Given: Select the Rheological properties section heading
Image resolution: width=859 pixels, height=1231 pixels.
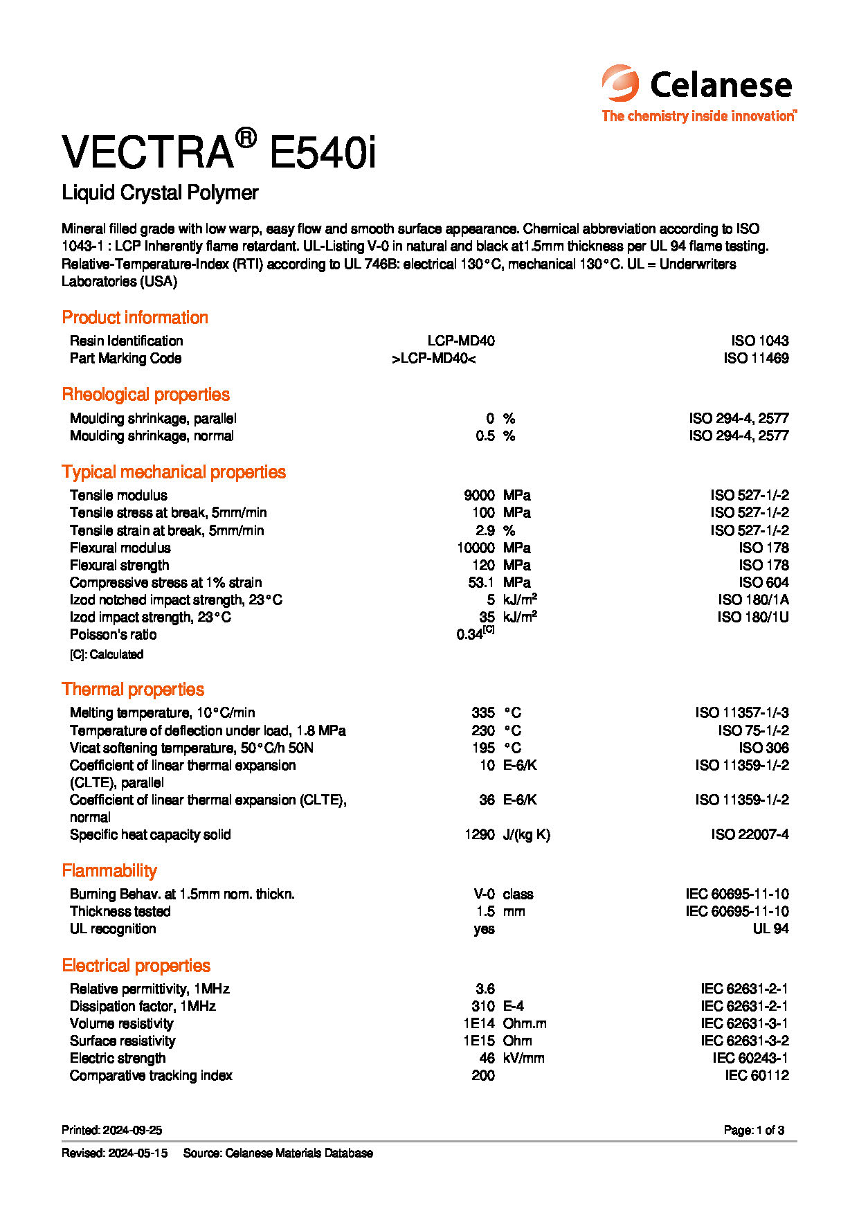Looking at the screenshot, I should (x=145, y=395).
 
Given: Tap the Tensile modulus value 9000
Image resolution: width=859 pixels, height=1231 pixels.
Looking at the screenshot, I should (x=479, y=495).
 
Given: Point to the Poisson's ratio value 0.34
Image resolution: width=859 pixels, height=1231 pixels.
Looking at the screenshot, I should (x=471, y=634).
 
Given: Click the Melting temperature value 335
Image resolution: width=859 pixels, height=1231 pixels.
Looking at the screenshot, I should (x=482, y=712).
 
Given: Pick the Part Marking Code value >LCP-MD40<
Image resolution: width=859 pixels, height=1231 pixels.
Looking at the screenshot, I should (x=433, y=358).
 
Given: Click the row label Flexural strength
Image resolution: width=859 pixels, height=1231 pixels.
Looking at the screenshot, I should (x=119, y=565).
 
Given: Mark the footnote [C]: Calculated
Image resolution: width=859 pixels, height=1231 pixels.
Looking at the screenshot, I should (x=107, y=654).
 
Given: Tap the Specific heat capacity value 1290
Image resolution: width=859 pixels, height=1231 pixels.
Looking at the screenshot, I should (x=479, y=834).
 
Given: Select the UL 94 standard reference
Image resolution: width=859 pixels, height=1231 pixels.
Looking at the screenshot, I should (x=770, y=928).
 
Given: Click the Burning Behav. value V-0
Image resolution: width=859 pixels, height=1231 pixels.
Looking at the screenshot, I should (x=484, y=894).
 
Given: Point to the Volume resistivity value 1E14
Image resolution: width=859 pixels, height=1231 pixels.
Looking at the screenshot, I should (x=479, y=1023).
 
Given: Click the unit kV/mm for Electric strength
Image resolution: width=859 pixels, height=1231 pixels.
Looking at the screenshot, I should (x=523, y=1058).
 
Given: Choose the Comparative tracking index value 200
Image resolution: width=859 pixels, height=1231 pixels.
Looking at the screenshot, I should (x=483, y=1075).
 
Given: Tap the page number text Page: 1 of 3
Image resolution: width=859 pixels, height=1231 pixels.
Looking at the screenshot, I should (x=754, y=1130).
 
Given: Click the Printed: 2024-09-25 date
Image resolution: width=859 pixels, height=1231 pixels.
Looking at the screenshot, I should (x=111, y=1130).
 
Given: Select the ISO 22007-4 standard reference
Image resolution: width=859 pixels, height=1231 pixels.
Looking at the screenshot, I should (x=750, y=834).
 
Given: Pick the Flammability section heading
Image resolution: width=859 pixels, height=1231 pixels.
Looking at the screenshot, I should (x=109, y=871).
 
